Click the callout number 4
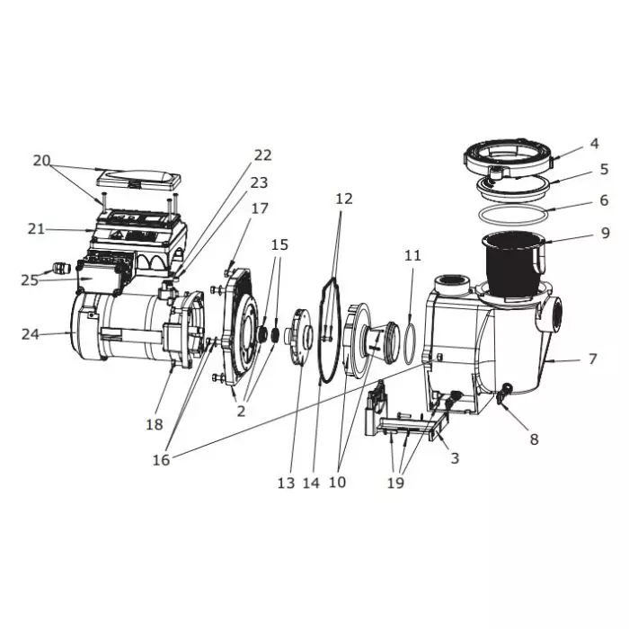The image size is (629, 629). click(x=594, y=144)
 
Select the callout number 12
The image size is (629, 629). click(x=344, y=198)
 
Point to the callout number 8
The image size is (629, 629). click(x=534, y=439)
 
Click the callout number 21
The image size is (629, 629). click(x=36, y=229)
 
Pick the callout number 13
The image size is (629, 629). click(x=286, y=483)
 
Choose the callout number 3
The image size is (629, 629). click(x=455, y=458)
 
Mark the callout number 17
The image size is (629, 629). click(x=260, y=208)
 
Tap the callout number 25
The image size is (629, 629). click(x=31, y=279)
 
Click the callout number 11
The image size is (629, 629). click(x=412, y=256)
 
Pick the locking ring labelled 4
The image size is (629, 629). click(x=509, y=159)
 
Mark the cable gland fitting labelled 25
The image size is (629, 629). click(x=61, y=268)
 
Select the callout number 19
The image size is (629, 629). click(x=394, y=483)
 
